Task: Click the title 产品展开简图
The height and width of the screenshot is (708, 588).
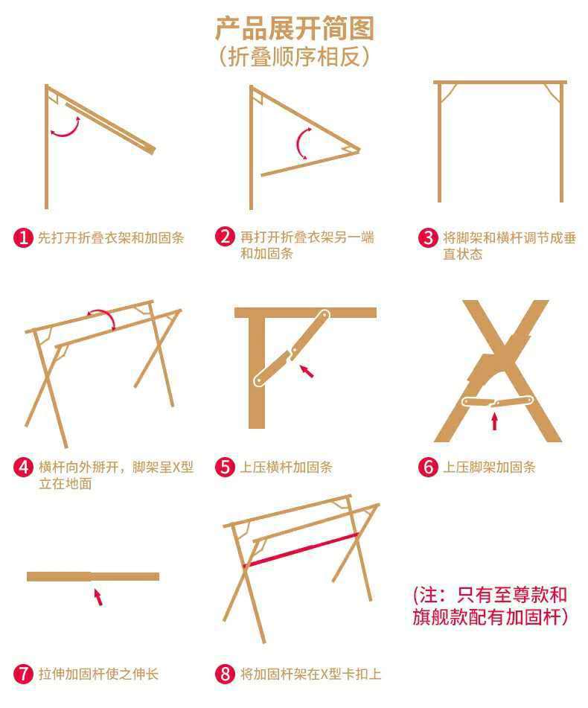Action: point(295,28)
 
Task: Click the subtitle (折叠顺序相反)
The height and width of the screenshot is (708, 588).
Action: point(294,57)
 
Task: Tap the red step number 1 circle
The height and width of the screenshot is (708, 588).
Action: point(24,237)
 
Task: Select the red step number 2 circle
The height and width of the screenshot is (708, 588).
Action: point(226,237)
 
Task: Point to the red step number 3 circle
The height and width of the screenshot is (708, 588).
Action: point(428,237)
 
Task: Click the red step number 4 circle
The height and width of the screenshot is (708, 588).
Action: point(24,467)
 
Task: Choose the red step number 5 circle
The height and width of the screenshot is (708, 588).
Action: point(226,467)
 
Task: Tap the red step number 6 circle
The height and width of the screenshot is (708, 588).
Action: point(428,467)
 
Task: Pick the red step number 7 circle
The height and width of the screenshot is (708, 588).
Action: point(24,674)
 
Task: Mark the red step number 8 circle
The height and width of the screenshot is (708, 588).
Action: point(226,674)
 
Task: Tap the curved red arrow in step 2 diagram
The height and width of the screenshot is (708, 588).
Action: point(298,143)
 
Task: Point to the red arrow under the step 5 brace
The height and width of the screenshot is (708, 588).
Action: point(307,371)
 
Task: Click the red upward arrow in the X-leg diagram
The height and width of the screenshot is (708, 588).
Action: point(494,421)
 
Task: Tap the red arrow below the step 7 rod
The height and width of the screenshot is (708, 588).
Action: point(98,597)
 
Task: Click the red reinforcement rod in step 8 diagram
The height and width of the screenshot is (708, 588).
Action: point(301,550)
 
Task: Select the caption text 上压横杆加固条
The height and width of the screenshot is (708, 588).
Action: point(286,467)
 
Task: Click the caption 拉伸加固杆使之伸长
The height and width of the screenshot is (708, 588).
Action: point(98,674)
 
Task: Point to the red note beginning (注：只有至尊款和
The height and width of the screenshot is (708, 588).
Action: point(490,595)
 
